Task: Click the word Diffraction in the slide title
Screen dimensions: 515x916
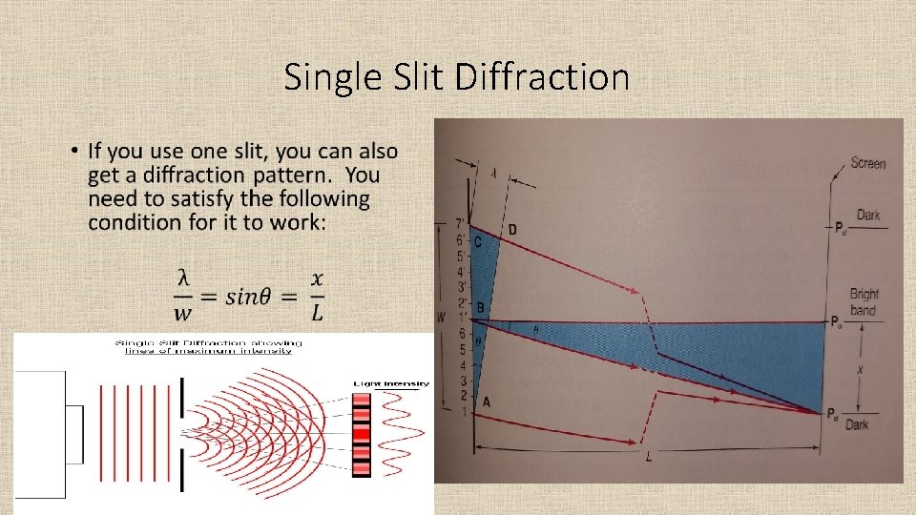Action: (542, 77)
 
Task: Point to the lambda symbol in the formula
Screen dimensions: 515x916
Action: (182, 278)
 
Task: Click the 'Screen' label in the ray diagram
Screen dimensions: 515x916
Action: (867, 163)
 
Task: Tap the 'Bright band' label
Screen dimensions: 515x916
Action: (864, 302)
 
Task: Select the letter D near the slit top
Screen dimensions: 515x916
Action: (513, 230)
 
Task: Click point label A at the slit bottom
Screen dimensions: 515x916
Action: (487, 402)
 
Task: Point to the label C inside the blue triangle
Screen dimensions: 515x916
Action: (479, 242)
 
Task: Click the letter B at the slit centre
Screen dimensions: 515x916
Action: (480, 307)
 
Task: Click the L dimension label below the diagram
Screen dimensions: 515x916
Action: (649, 459)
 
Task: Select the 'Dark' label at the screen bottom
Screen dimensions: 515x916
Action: (856, 425)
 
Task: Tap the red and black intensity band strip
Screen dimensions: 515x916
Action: (361, 434)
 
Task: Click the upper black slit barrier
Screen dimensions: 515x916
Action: (181, 402)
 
